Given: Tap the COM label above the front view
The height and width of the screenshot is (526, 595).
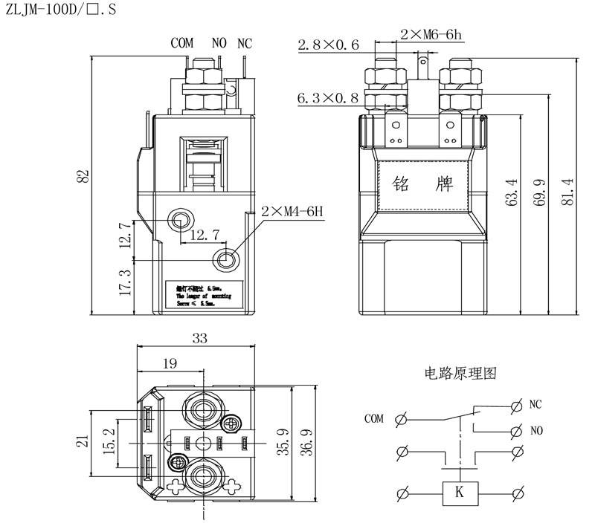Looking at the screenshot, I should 181,43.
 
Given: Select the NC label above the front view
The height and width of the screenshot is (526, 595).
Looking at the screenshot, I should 245,43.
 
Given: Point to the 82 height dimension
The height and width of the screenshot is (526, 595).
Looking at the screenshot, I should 84,176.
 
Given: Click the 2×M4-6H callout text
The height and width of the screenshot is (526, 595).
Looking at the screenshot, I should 293,211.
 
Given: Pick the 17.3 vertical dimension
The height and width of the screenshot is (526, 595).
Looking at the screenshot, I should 125,283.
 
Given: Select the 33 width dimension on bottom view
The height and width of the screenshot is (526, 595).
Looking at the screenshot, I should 199,339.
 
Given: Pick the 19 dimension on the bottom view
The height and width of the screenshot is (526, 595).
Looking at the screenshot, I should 170,363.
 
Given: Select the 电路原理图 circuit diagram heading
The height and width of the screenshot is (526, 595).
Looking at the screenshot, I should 460,372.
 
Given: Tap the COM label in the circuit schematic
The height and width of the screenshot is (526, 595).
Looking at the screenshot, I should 374,419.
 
